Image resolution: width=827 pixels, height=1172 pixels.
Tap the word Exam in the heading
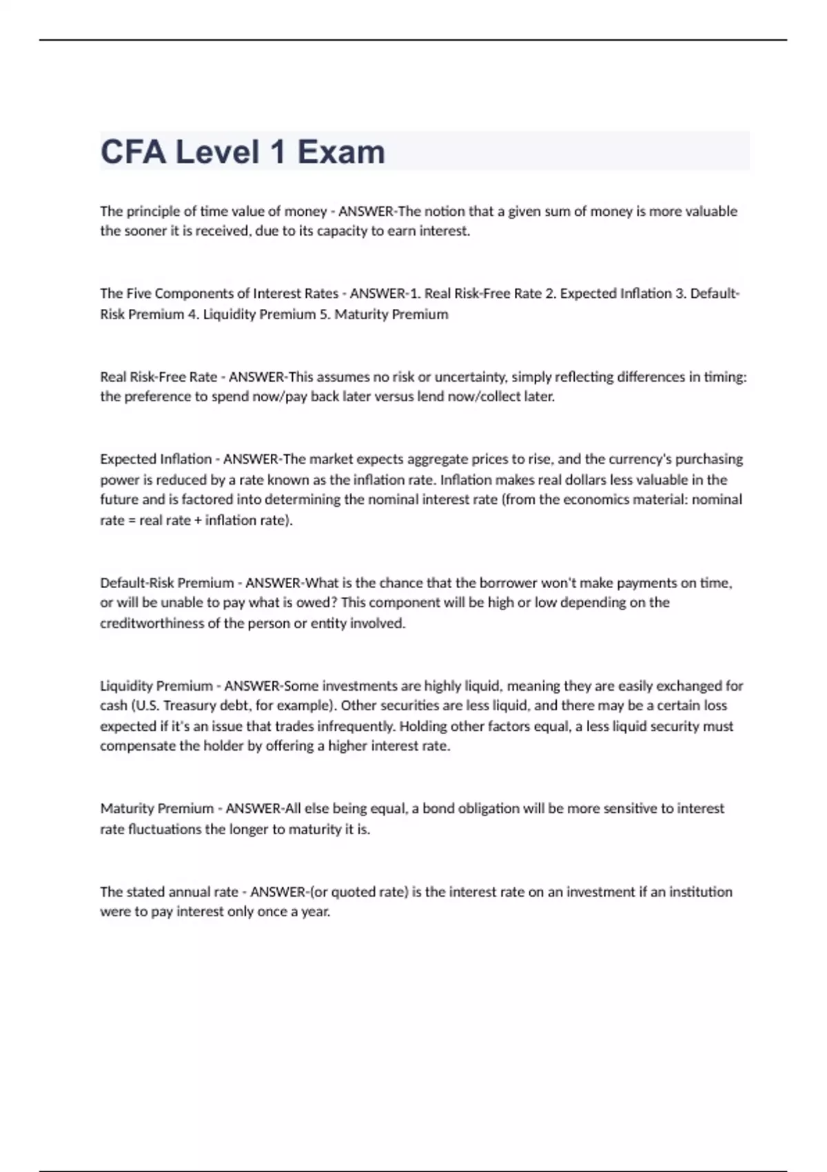[341, 152]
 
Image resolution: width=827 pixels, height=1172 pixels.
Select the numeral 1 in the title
[278, 152]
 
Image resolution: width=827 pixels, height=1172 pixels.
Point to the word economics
[594, 499]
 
